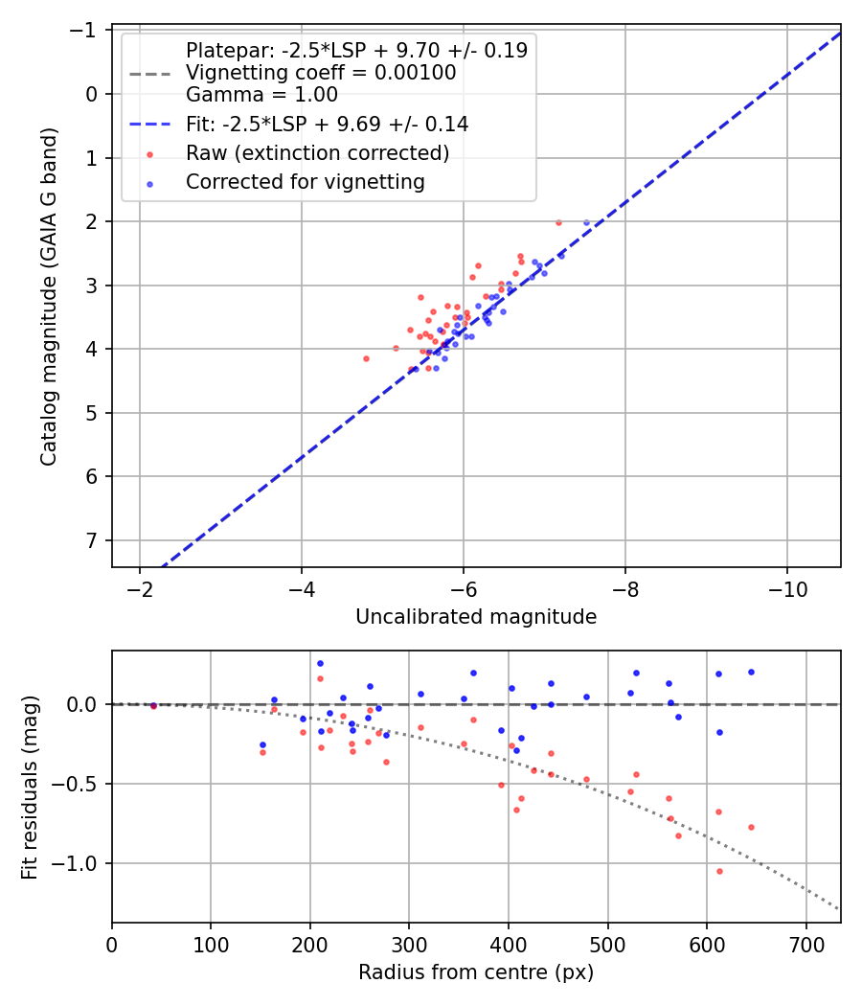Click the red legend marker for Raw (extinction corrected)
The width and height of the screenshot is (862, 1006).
[150, 153]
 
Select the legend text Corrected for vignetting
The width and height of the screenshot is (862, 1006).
[305, 181]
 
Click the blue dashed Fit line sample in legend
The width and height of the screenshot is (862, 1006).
[150, 125]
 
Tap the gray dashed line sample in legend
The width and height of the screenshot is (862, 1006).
[150, 73]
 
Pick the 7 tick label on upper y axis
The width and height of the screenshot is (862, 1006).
[91, 540]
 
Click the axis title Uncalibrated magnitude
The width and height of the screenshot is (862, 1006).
[476, 617]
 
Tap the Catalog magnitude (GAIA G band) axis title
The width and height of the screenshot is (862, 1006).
[49, 297]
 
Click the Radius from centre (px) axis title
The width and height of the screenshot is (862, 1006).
[476, 972]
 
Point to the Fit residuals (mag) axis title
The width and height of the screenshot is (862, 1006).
[30, 787]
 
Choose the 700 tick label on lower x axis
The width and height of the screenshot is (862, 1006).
[805, 946]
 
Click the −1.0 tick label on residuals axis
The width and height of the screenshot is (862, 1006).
[79, 863]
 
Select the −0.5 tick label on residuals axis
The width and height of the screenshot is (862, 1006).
[79, 784]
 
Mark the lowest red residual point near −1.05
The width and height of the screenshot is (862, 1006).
[719, 871]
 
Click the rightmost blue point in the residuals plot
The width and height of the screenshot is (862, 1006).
[751, 672]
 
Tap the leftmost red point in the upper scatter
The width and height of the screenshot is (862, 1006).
[366, 358]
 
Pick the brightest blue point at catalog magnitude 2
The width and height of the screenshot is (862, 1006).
[587, 222]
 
